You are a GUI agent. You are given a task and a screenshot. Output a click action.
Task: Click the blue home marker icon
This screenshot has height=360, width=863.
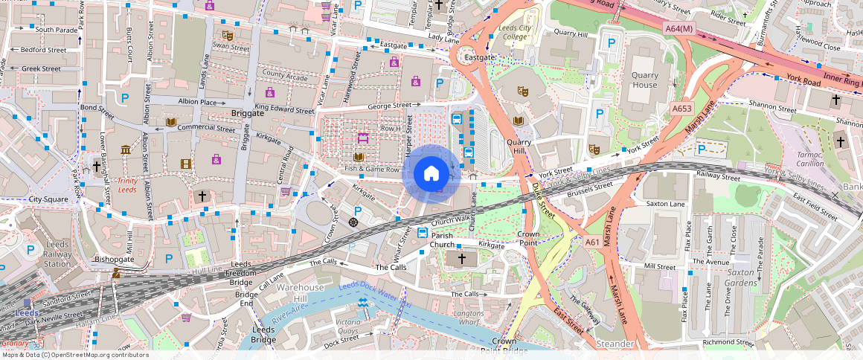coord(431,174)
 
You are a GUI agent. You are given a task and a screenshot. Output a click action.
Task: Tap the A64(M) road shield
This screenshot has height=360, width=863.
coord(678,28)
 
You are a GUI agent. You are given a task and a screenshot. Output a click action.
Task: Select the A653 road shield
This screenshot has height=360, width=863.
coord(681,109)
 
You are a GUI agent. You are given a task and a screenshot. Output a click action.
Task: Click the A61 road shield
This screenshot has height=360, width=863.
coord(592,242)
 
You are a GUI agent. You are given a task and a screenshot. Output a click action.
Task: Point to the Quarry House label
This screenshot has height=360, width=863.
coord(644,80)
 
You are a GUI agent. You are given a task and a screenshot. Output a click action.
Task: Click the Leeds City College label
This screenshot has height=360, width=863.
coord(514,33)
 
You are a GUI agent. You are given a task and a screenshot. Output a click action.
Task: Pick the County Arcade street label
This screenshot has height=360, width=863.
coord(284,76)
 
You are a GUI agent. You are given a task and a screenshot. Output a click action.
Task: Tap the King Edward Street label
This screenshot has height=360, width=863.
coord(284,109)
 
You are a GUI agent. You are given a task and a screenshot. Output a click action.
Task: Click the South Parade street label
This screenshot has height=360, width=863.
coord(55,30)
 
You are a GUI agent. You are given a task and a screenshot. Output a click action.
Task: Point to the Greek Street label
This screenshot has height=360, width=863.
coord(41,68)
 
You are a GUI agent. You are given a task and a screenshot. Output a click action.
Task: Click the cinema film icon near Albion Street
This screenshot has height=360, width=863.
coord(185,163)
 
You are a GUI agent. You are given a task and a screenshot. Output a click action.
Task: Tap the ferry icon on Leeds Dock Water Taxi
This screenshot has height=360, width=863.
coord(362,303)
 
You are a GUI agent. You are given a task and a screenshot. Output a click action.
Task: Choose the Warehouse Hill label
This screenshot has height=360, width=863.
coord(301,292)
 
